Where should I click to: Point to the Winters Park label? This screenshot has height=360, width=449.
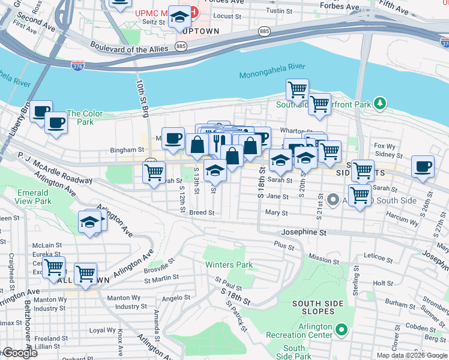(229, 265)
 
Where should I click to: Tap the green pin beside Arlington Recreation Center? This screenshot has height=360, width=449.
(342, 329)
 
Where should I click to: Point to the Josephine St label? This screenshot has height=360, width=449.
(304, 232)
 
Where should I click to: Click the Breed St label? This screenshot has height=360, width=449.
(202, 212)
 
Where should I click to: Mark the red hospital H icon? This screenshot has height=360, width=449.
(193, 12)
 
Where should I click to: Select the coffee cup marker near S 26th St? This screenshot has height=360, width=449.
(423, 166)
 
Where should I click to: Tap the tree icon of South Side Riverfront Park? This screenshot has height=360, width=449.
(379, 103)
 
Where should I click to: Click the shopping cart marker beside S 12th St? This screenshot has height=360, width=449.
(154, 172)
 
